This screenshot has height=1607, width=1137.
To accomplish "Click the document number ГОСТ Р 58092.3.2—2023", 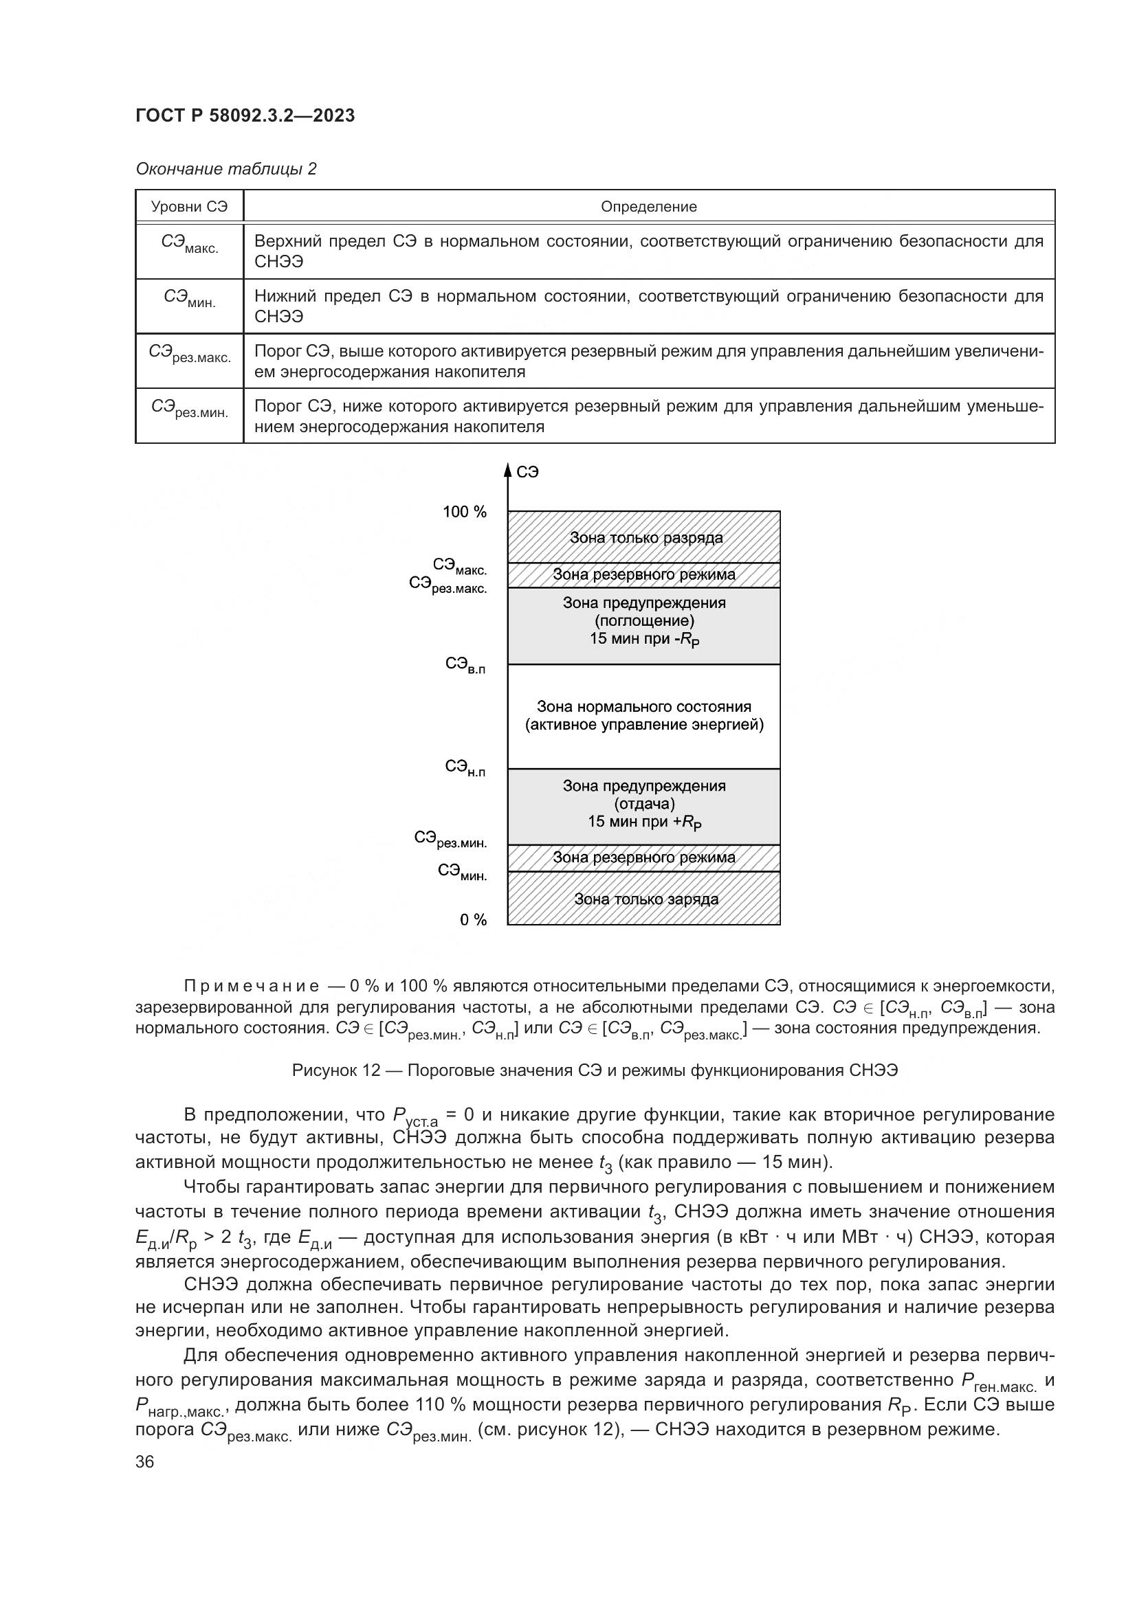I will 245,115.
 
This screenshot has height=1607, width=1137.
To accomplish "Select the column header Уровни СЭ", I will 189,207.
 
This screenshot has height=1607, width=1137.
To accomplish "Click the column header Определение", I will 648,207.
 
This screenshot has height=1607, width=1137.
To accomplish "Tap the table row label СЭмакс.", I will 189,245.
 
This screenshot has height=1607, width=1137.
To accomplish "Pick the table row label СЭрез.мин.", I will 189,409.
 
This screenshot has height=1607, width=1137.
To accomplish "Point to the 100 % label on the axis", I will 464,513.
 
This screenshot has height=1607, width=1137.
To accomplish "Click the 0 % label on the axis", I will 473,921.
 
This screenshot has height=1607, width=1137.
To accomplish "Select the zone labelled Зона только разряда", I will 644,537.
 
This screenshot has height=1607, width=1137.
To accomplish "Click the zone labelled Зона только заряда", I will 644,899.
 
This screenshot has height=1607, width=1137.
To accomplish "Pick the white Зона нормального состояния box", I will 644,716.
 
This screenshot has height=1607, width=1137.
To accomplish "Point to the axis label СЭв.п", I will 465,665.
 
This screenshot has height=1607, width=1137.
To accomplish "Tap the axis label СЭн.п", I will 465,769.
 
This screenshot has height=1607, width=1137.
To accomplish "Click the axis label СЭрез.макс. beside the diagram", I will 448,585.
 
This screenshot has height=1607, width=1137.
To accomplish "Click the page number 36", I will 145,1461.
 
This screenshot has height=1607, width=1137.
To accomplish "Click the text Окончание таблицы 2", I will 226,170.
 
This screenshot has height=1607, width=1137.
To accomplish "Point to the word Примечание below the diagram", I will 252,987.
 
